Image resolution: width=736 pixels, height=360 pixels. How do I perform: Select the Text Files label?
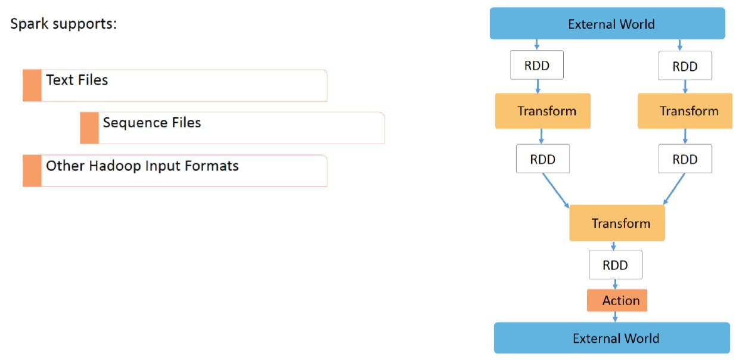click(x=77, y=80)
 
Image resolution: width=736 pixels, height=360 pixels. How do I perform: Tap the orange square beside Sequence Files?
click(x=89, y=128)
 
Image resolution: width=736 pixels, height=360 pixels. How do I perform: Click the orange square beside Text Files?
click(x=32, y=85)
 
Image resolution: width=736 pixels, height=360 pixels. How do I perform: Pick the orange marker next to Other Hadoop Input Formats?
click(x=32, y=170)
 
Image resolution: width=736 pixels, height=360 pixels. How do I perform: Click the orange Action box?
click(x=617, y=300)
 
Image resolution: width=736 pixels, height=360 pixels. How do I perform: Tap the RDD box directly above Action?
click(x=615, y=265)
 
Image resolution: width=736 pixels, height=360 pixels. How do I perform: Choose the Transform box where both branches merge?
click(x=617, y=224)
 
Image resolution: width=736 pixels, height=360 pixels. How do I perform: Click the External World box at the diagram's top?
click(x=607, y=24)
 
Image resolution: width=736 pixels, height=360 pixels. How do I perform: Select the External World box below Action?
click(x=612, y=339)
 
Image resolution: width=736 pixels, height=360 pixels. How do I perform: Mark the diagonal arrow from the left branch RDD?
click(x=555, y=190)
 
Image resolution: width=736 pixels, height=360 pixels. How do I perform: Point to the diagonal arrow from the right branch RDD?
click(x=675, y=190)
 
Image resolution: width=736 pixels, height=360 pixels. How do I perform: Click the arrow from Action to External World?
click(x=615, y=317)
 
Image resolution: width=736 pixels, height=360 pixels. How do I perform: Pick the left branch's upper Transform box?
click(x=542, y=111)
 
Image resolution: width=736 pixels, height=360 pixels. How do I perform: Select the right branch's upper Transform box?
click(x=685, y=111)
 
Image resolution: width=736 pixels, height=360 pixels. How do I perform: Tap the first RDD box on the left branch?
click(x=537, y=66)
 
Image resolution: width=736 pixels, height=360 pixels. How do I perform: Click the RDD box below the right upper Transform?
click(x=685, y=159)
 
